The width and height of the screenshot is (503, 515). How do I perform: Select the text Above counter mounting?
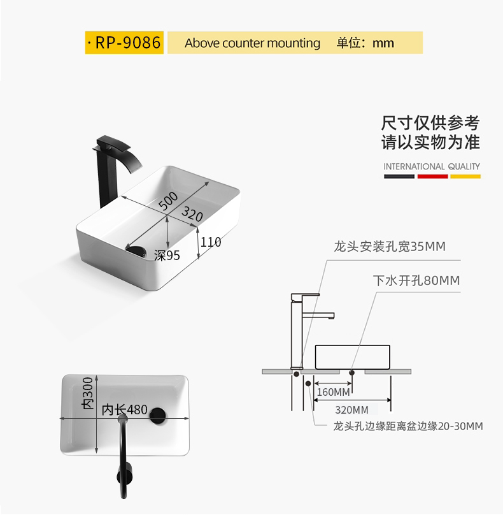pyautogui.click(x=252, y=43)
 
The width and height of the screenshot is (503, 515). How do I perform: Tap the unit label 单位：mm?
pyautogui.click(x=365, y=43)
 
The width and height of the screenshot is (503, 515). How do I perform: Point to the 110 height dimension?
pyautogui.click(x=211, y=242)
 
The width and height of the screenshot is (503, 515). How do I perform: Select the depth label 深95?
pyautogui.click(x=167, y=256)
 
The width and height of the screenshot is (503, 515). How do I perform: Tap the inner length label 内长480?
pyautogui.click(x=125, y=410)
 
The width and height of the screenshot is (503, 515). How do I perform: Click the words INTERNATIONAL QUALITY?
pyautogui.click(x=432, y=166)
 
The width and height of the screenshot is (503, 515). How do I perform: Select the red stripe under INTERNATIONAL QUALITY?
pyautogui.click(x=432, y=175)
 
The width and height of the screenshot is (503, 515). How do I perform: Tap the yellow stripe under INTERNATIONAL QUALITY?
pyautogui.click(x=465, y=175)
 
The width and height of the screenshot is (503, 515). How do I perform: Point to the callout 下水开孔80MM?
pyautogui.click(x=416, y=280)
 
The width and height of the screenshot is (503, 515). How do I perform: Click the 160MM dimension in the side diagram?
pyautogui.click(x=333, y=391)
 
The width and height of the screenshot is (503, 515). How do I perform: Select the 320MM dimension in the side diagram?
pyautogui.click(x=352, y=409)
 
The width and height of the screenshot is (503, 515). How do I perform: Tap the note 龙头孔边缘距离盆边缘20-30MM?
pyautogui.click(x=407, y=426)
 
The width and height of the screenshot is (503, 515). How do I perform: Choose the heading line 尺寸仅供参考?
pyautogui.click(x=430, y=122)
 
